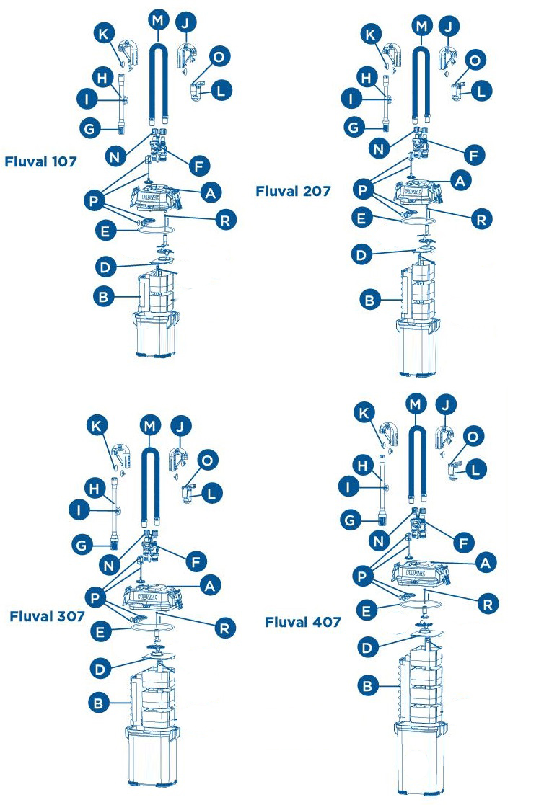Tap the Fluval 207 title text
(x=292, y=191)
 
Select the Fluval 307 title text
(x=46, y=616)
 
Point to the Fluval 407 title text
(x=302, y=621)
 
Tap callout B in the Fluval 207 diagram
(x=369, y=301)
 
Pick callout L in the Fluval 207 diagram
(x=482, y=91)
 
